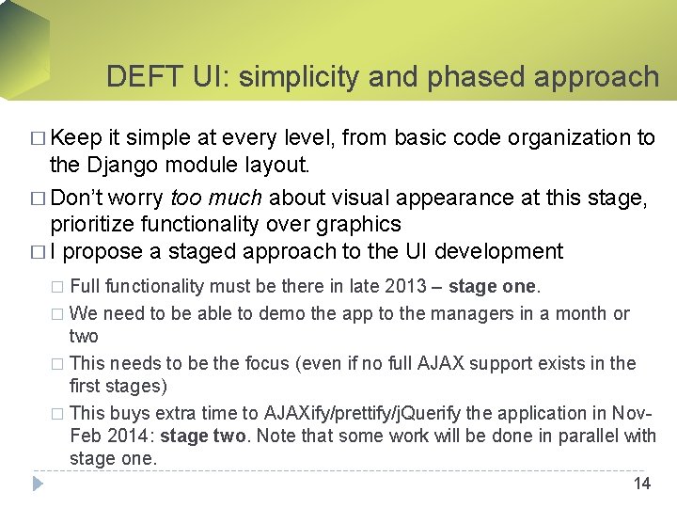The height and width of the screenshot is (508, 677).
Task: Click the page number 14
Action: coord(642,484)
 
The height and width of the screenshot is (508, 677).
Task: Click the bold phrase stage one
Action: coord(492,286)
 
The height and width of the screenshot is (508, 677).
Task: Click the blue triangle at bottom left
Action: coord(39,484)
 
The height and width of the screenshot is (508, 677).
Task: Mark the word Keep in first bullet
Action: coord(76,138)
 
